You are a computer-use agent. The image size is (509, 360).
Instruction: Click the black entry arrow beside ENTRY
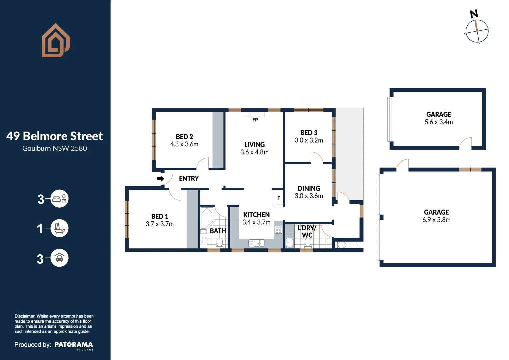[x=160, y=179]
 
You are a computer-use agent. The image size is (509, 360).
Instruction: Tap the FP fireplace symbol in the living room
[x=255, y=115]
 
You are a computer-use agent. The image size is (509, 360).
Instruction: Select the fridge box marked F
[x=279, y=198]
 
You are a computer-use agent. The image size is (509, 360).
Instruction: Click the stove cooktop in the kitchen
[x=278, y=230]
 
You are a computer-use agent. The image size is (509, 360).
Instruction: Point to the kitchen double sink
[x=257, y=243]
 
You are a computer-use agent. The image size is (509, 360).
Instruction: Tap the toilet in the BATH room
[x=219, y=243]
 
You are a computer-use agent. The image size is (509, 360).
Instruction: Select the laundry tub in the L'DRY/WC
[x=290, y=242]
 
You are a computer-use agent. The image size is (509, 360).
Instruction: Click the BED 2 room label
[x=184, y=137]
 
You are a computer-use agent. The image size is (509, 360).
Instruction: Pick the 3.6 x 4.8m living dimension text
[x=255, y=152]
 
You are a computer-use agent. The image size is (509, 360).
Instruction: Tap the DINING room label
[x=309, y=188]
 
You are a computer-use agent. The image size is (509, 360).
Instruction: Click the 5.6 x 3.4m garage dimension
[x=439, y=122]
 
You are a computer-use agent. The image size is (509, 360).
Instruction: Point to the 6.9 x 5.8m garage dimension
[x=436, y=220]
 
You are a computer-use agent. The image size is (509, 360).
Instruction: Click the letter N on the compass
[x=474, y=14]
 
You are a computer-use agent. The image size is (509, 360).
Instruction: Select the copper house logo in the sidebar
[x=56, y=40]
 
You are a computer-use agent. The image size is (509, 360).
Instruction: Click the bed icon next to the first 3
[x=59, y=199]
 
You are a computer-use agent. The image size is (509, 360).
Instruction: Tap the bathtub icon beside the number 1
[x=59, y=228]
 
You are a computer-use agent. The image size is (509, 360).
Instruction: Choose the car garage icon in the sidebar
[x=59, y=258]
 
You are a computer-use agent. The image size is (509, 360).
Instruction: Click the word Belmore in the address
[x=45, y=136]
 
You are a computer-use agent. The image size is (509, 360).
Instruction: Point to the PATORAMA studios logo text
[x=74, y=345]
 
